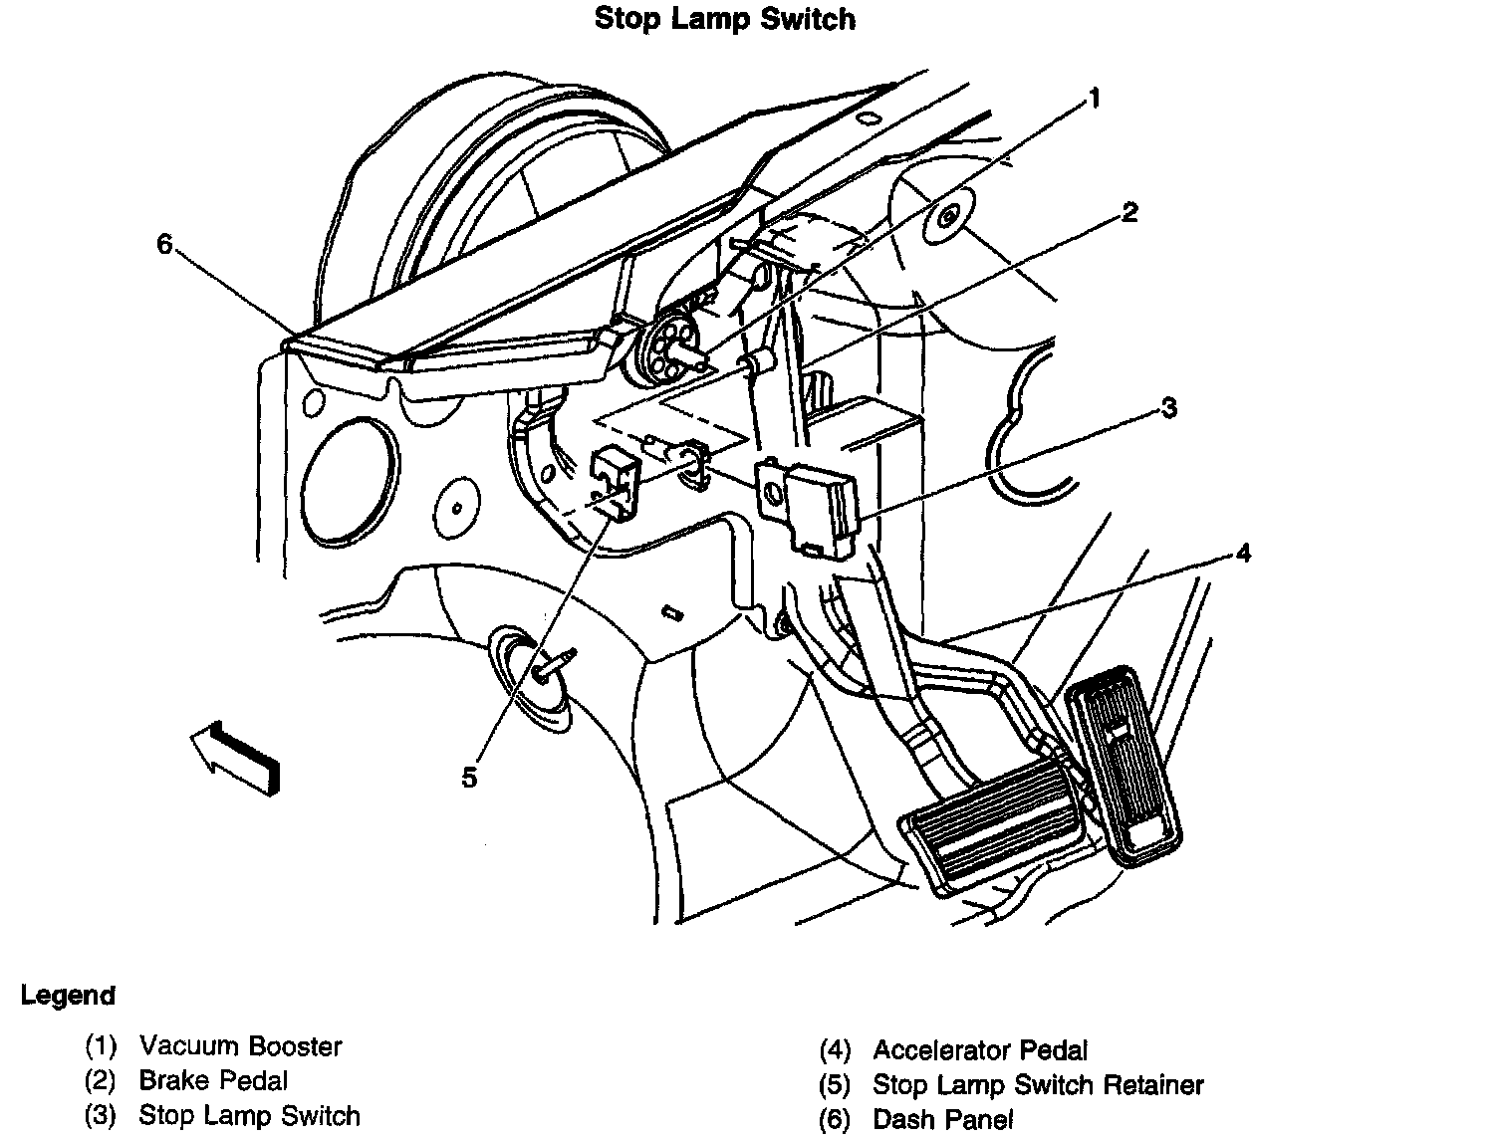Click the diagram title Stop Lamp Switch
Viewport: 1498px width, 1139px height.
pos(724,19)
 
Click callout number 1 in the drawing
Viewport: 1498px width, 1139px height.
pos(1094,99)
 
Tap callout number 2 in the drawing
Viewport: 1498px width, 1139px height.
pos(1128,212)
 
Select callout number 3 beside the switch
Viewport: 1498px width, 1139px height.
pos(1168,408)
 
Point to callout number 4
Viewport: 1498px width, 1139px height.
pos(1243,553)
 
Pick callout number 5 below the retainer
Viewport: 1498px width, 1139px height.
pos(469,778)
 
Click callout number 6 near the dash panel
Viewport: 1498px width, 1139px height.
pos(165,243)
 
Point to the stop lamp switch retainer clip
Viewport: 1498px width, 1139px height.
pos(615,481)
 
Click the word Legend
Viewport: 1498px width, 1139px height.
pos(68,995)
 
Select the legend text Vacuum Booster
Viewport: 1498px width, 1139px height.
pos(240,1046)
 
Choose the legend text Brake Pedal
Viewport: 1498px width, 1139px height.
pos(213,1080)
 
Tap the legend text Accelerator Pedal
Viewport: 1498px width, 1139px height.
pos(980,1049)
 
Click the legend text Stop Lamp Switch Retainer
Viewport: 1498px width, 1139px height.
pos(1038,1084)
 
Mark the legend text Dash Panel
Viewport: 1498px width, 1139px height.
pos(942,1119)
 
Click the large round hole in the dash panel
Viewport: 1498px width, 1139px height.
pos(346,483)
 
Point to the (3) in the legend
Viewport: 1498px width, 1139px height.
pos(101,1116)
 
